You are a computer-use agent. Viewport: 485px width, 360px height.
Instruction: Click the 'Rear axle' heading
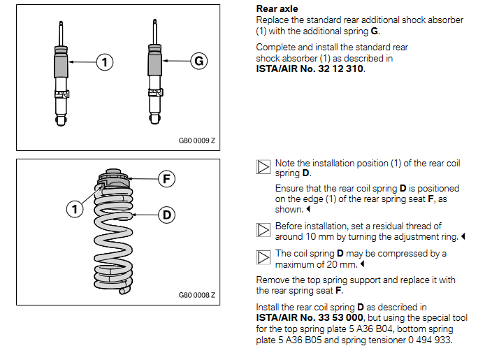(277, 9)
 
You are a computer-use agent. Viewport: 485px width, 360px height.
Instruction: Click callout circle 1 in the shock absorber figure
(104, 62)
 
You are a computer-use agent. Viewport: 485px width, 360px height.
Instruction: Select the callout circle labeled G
(199, 62)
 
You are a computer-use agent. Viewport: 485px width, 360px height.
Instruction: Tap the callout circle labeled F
(166, 178)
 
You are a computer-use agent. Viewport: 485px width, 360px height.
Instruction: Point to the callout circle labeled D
(166, 215)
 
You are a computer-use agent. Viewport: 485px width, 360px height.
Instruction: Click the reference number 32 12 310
(340, 69)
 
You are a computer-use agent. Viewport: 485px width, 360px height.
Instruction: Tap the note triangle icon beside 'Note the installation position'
(263, 167)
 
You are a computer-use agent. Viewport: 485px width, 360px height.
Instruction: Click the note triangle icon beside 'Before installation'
(263, 231)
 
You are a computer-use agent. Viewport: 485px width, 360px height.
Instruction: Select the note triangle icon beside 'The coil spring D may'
(263, 258)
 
